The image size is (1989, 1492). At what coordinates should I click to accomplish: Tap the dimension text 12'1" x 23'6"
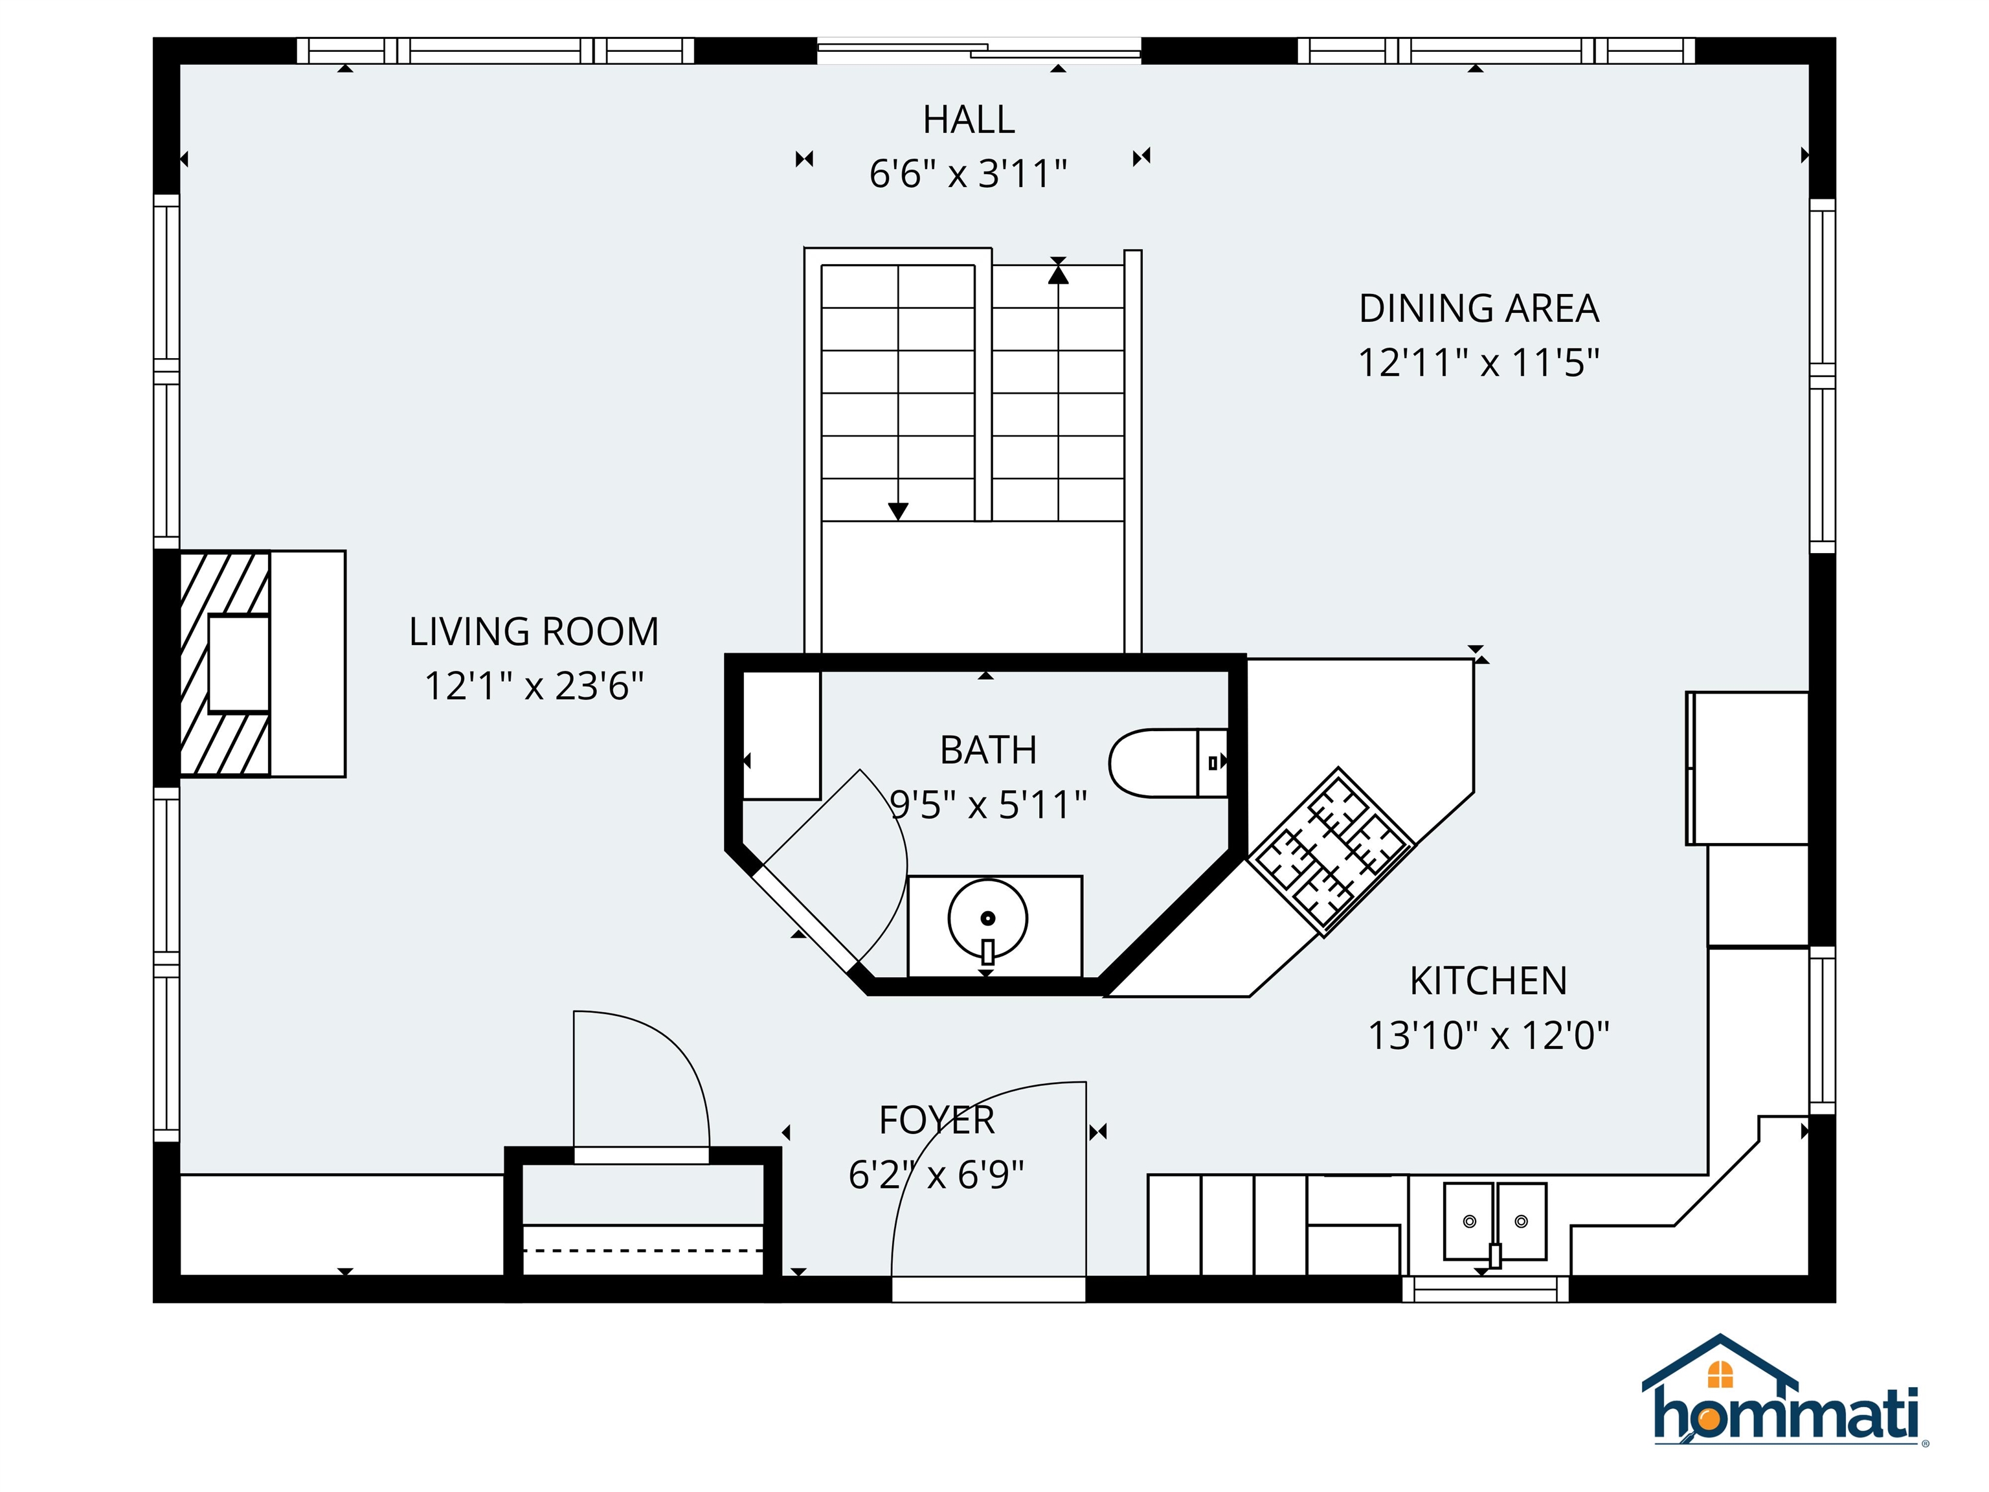534,686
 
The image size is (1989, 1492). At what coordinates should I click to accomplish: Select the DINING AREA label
1478,308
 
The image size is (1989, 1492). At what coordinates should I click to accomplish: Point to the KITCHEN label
1488,980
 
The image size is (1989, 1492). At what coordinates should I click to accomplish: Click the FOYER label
937,1120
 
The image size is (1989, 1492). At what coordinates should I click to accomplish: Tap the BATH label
988,750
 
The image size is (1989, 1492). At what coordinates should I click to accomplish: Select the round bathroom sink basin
987,918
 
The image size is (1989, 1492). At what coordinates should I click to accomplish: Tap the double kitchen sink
1494,1221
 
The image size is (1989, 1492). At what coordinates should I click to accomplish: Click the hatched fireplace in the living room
225,664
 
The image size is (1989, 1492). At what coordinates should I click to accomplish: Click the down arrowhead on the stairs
897,511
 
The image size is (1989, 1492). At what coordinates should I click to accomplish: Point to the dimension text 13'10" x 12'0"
1488,1035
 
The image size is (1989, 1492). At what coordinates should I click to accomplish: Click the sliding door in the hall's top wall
978,51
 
